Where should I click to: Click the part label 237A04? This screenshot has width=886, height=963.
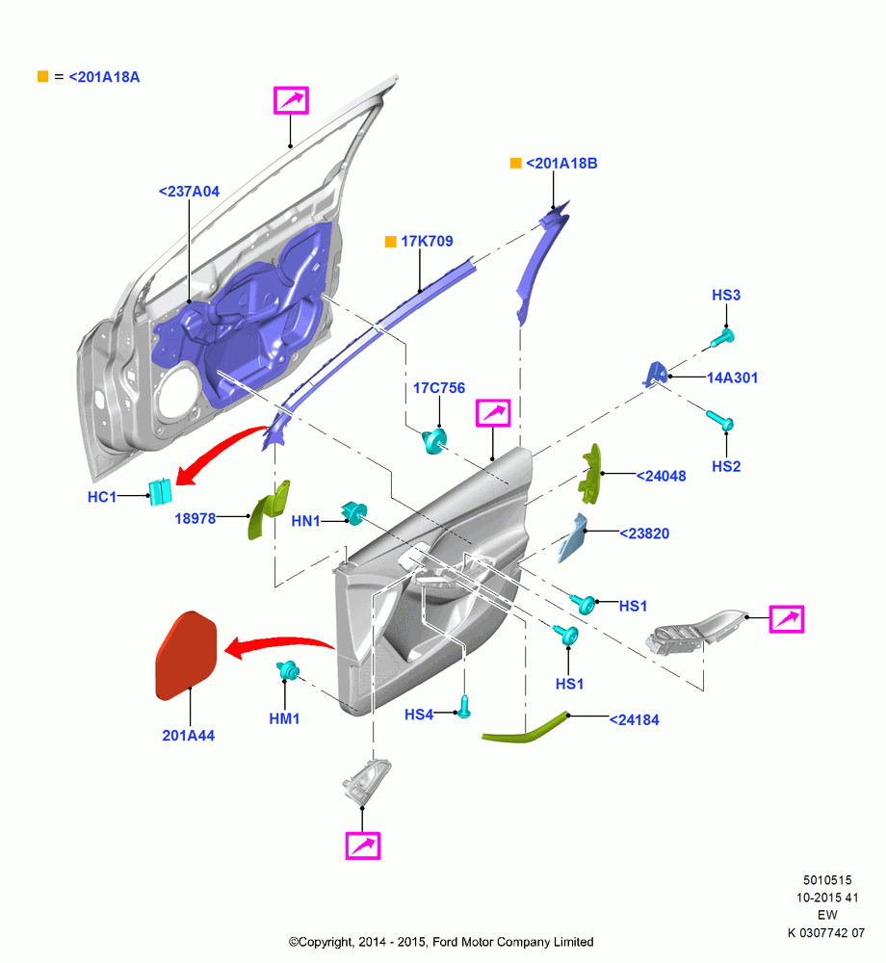[x=189, y=192]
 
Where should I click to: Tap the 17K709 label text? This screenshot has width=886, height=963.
[x=427, y=242]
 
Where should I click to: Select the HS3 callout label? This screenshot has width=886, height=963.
[x=726, y=295]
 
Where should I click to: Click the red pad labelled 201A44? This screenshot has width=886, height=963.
[x=187, y=656]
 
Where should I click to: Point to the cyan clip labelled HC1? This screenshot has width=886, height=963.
[x=161, y=492]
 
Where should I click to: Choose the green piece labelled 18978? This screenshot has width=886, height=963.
[x=268, y=509]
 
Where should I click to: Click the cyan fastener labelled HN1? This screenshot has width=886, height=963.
[x=354, y=513]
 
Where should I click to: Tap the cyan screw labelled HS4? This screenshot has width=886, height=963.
[x=465, y=707]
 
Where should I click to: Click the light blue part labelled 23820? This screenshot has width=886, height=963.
[x=572, y=538]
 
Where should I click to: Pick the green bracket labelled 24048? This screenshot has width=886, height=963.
[x=589, y=474]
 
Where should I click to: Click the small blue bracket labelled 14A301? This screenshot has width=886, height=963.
[x=656, y=374]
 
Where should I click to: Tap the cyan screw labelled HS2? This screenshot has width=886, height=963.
[x=720, y=421]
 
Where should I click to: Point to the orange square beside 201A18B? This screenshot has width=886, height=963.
[x=516, y=163]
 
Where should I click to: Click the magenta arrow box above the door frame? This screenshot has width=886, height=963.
[x=291, y=100]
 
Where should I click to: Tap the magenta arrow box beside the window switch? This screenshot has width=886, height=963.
[x=787, y=619]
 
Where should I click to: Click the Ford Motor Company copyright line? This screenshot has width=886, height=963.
[x=441, y=942]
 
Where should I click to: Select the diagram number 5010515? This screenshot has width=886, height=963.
[x=827, y=880]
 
